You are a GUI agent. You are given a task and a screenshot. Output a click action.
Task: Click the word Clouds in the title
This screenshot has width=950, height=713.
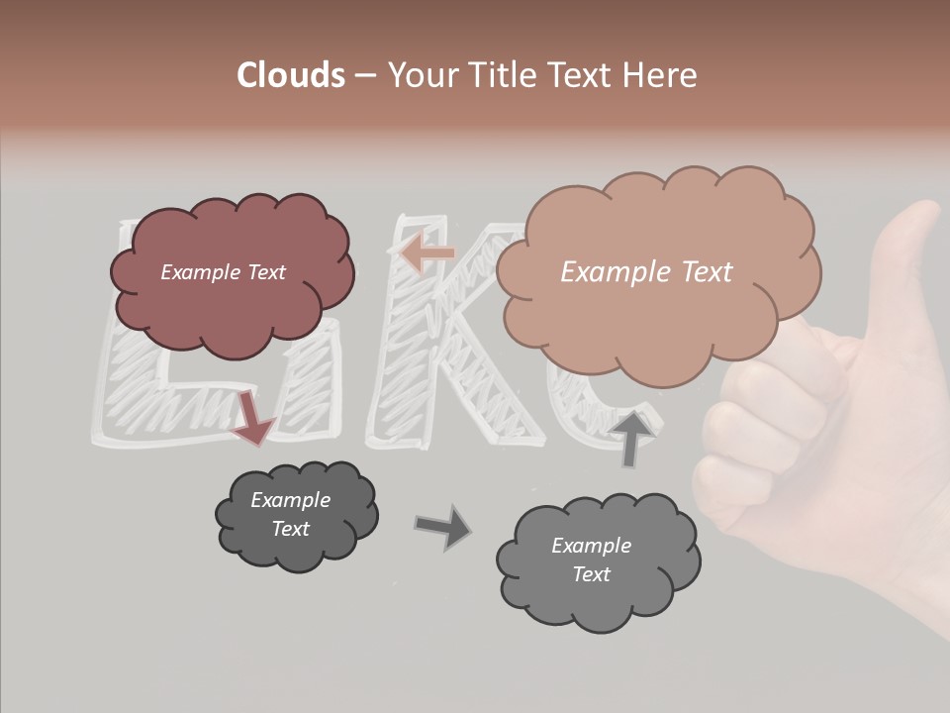click(291, 75)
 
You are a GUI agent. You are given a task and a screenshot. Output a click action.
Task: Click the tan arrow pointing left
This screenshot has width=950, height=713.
click(427, 254)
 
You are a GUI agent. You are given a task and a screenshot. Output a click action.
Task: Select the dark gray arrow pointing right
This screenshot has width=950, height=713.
click(442, 526)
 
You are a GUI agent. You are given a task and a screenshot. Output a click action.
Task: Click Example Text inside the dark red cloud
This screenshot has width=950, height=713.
click(223, 272)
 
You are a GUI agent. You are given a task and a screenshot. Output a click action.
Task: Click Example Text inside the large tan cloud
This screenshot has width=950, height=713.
click(646, 272)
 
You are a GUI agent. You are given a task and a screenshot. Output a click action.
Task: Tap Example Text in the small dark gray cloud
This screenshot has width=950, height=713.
click(290, 514)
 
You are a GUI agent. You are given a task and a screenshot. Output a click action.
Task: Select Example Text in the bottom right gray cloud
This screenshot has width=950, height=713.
click(591, 560)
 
